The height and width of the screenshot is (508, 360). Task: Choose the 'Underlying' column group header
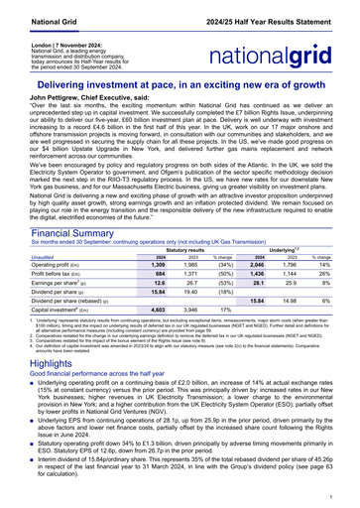click(x=299, y=249)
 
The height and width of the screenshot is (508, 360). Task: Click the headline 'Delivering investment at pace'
click(x=180, y=85)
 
